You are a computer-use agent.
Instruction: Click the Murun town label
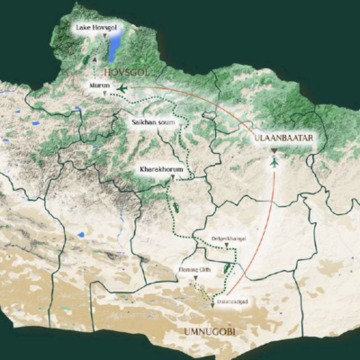pos(99,85)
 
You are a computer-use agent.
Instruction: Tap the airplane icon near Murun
pos(121,85)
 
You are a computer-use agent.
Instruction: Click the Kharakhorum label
pos(159,169)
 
